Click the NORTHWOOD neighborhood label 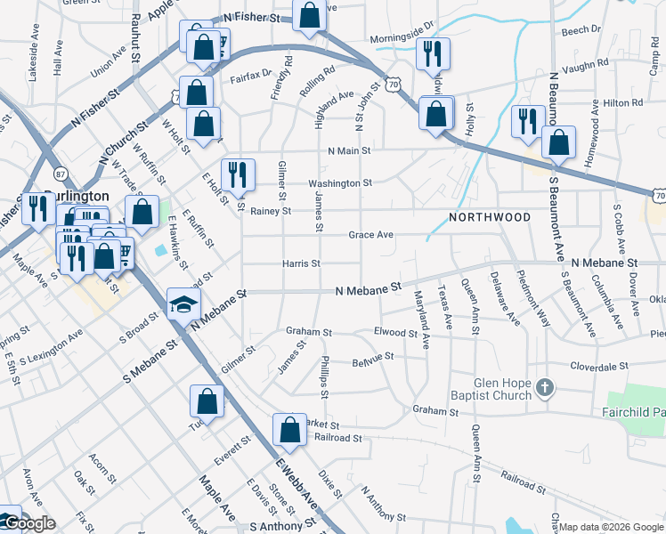[x=490, y=217]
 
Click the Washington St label [x=340, y=183]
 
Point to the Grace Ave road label [x=371, y=235]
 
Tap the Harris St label [x=301, y=263]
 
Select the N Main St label [x=349, y=151]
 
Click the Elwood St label [x=396, y=333]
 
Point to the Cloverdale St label [x=599, y=366]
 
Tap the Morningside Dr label [x=402, y=38]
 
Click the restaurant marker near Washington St [x=238, y=174]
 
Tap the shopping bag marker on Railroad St [x=289, y=430]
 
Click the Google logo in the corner [x=28, y=523]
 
